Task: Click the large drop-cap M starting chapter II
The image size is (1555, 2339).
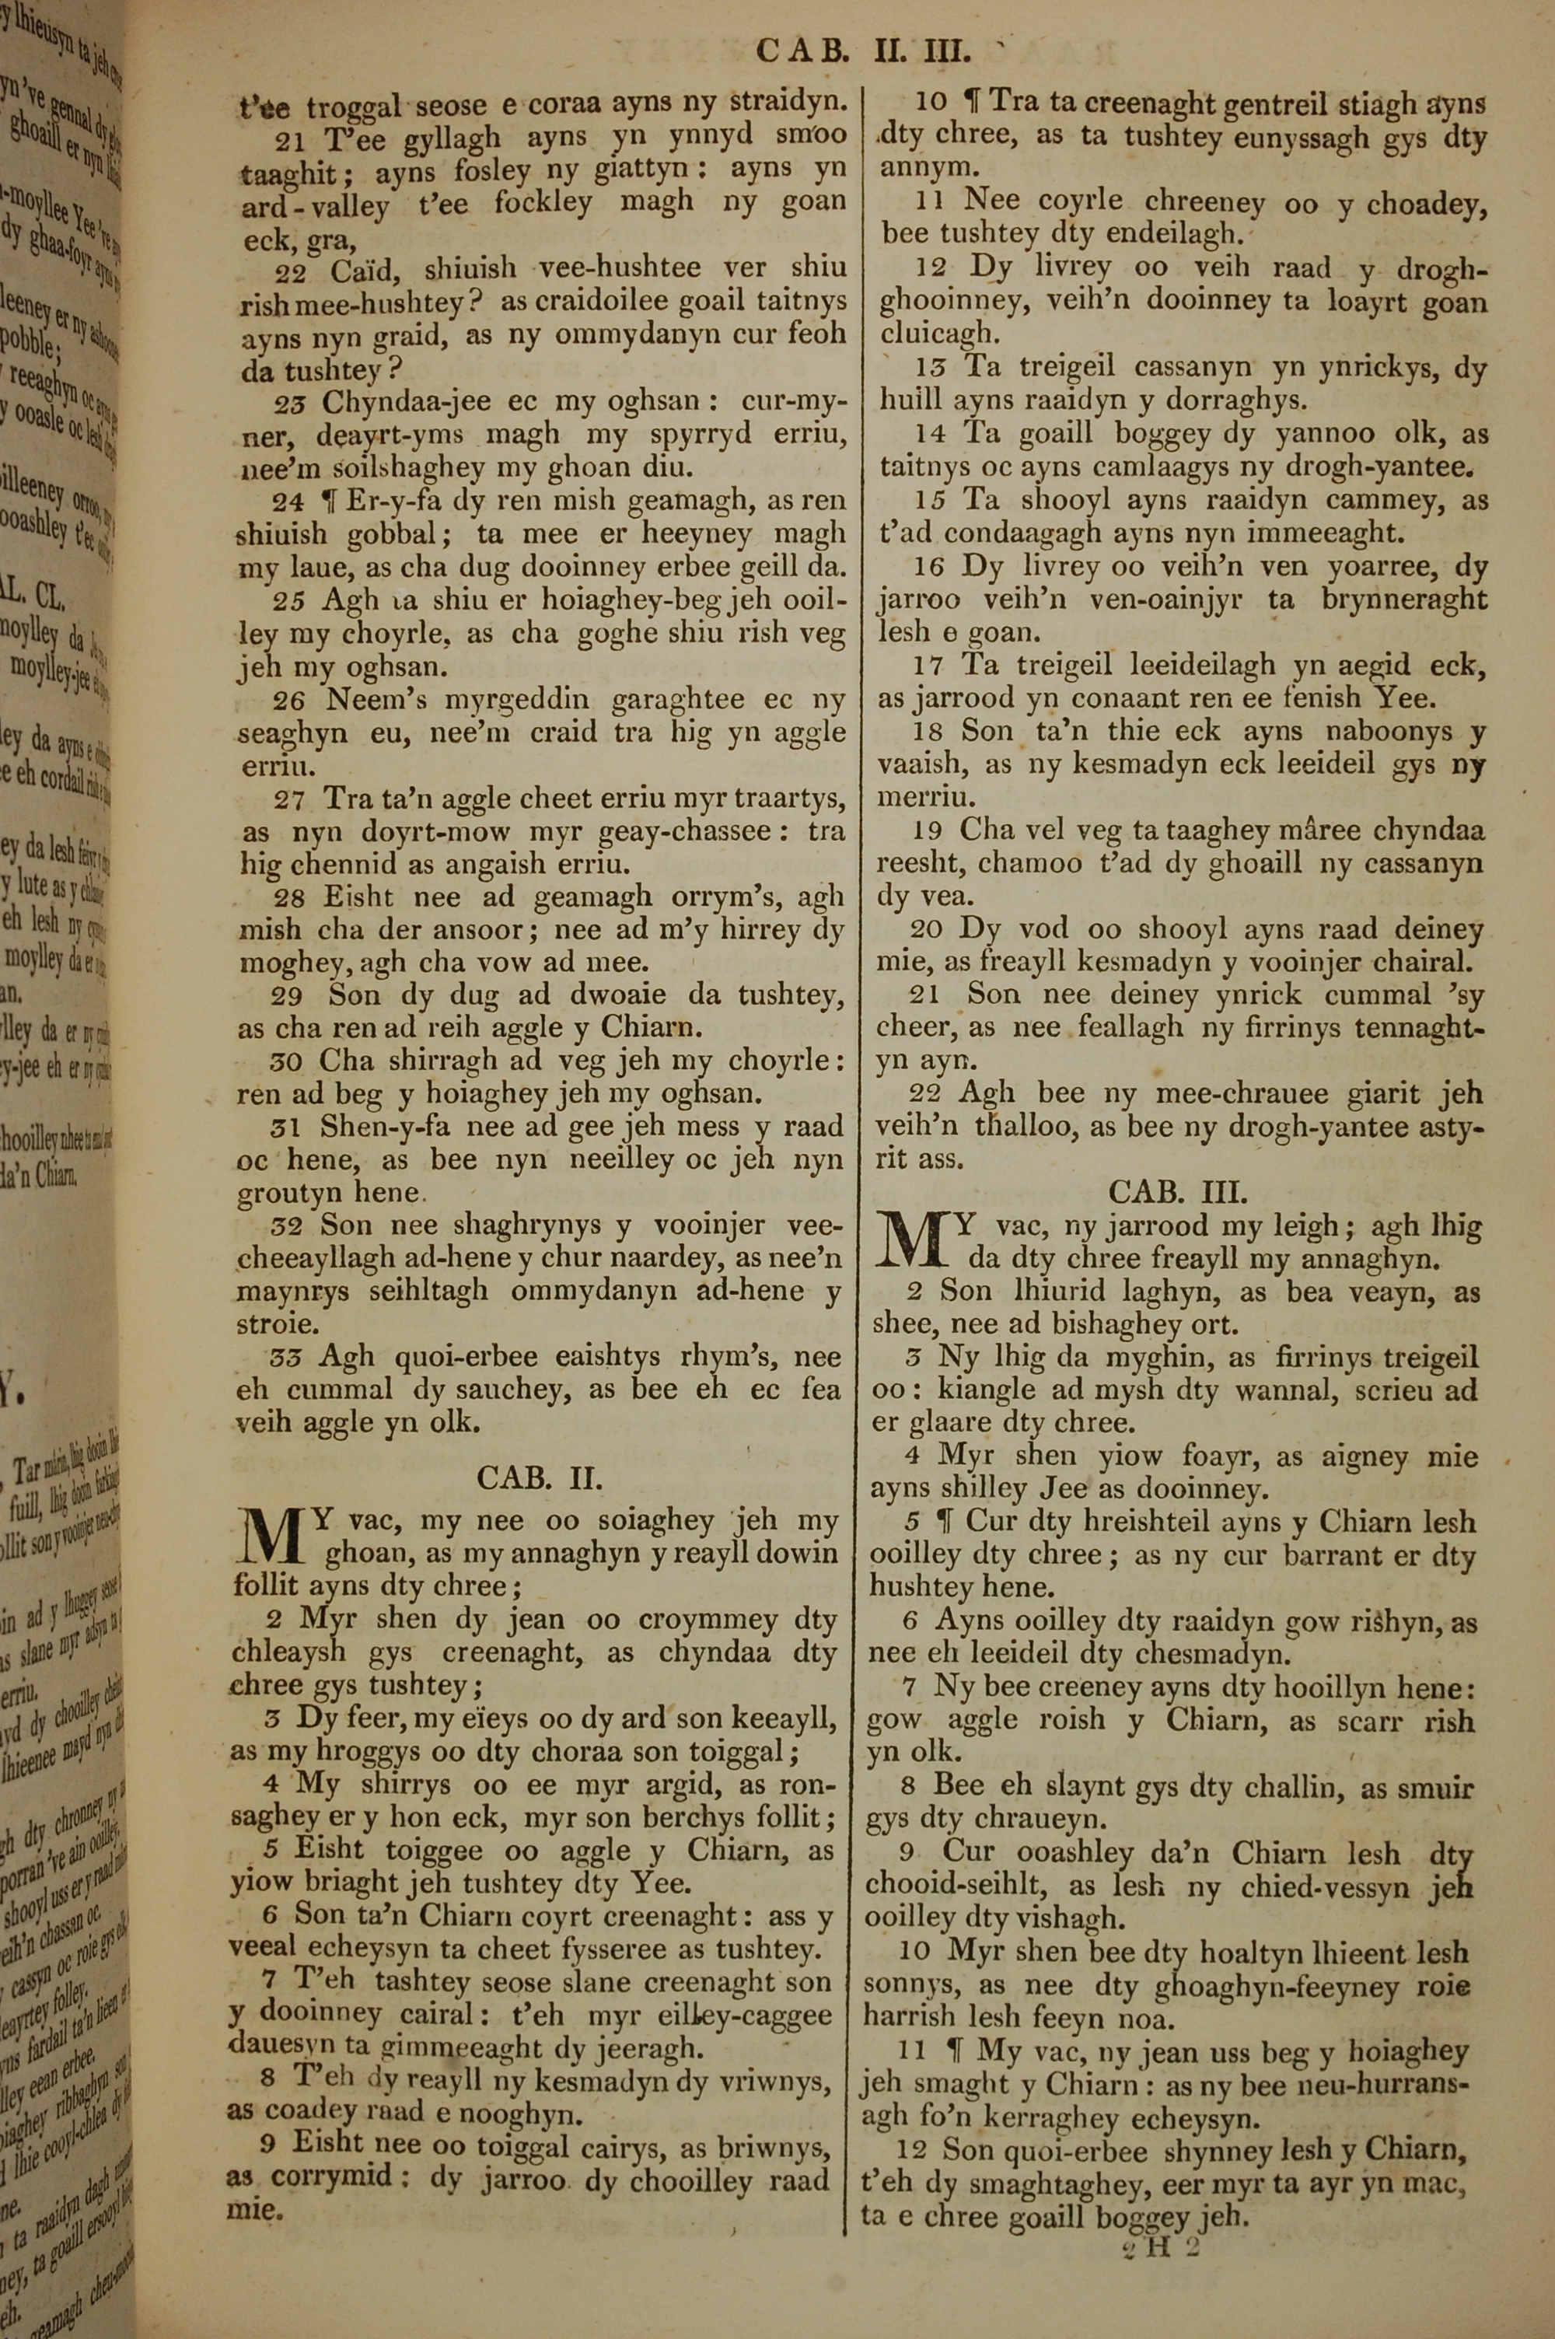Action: click(x=271, y=1537)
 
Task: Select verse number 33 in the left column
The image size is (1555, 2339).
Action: click(x=287, y=1358)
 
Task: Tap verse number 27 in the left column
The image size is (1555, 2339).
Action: click(x=289, y=799)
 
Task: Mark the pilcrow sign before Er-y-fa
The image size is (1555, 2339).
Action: click(x=328, y=501)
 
